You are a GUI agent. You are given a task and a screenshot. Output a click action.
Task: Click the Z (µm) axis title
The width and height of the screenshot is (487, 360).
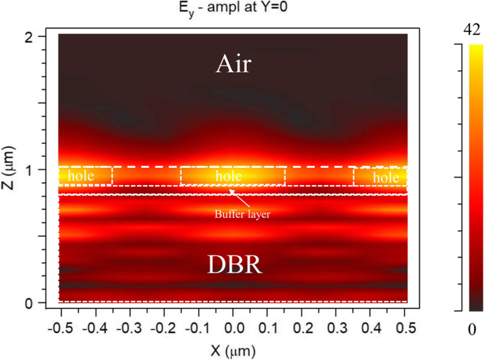pyautogui.click(x=9, y=169)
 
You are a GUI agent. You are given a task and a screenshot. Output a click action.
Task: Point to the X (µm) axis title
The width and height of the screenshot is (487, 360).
pyautogui.click(x=233, y=351)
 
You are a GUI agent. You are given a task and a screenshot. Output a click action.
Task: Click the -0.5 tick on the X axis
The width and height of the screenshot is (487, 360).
pyautogui.click(x=60, y=330)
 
